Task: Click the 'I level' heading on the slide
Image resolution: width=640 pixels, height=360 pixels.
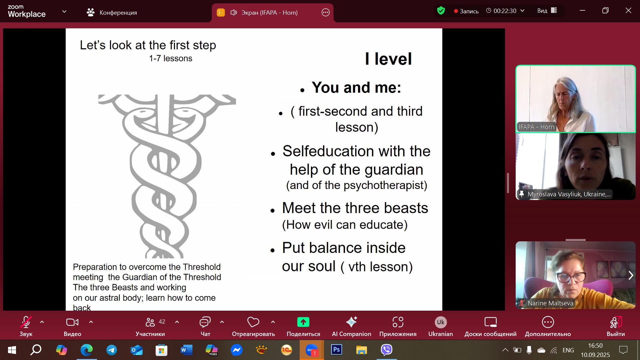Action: tap(388, 59)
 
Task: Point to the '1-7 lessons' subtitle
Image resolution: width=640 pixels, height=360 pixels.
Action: tap(171, 58)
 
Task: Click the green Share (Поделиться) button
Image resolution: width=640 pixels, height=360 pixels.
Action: tap(303, 322)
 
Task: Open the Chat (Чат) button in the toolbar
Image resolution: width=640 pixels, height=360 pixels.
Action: tap(205, 322)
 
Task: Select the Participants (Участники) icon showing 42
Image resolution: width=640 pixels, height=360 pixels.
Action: tap(150, 322)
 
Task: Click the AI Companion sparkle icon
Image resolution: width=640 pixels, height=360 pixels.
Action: tap(351, 322)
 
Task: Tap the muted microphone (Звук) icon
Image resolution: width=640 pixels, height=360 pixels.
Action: tap(26, 322)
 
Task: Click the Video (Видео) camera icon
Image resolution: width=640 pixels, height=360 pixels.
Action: tap(72, 322)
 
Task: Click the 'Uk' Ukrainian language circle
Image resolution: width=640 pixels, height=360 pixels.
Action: tap(441, 322)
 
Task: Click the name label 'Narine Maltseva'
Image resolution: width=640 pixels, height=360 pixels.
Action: tap(550, 303)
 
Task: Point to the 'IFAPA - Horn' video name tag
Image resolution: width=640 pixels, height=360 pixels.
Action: tap(536, 127)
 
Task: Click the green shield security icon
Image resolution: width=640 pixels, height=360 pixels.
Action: tap(441, 11)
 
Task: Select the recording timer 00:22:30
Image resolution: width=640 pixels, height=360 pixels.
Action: tap(505, 11)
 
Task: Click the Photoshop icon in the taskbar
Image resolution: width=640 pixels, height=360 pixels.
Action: tap(336, 350)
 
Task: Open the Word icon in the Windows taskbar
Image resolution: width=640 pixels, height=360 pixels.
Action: tap(186, 350)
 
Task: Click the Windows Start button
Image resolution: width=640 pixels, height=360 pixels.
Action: tap(12, 350)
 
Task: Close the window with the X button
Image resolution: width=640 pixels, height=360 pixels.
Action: tap(628, 11)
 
